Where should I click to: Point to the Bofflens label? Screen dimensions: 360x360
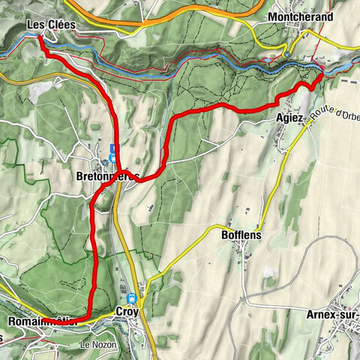pyautogui.click(x=242, y=233)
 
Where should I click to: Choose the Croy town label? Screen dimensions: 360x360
pyautogui.click(x=127, y=311)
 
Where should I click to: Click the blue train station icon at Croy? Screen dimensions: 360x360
pyautogui.click(x=132, y=298)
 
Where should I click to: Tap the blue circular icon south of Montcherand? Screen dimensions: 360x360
pyautogui.click(x=287, y=54)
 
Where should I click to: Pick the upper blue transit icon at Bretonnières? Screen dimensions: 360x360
pyautogui.click(x=112, y=148)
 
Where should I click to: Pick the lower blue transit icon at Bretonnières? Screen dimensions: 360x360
pyautogui.click(x=112, y=158)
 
